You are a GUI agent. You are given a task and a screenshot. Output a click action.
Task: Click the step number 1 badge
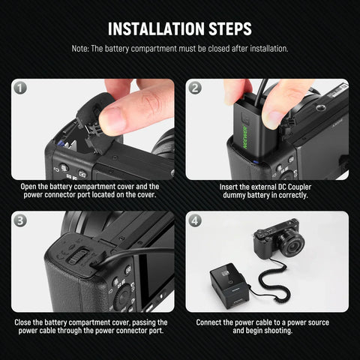(20, 88)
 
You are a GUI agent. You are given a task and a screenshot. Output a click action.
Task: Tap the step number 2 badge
(195, 88)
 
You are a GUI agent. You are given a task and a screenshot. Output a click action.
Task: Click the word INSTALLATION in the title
(154, 29)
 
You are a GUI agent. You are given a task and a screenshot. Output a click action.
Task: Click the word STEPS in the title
(226, 29)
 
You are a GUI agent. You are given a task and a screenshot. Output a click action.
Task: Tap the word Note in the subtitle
(81, 49)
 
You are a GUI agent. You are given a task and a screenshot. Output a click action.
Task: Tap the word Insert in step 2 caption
(230, 187)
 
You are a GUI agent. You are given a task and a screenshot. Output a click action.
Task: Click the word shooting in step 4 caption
(278, 331)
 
